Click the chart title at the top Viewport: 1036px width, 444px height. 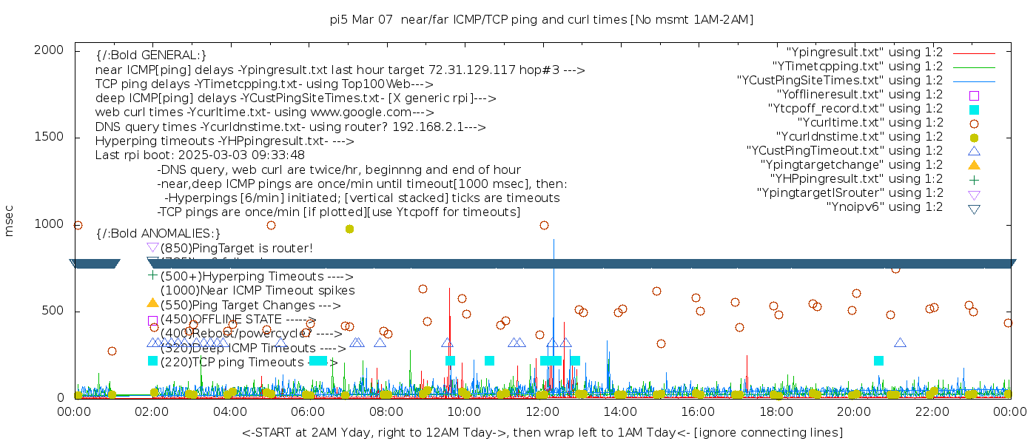tap(542, 19)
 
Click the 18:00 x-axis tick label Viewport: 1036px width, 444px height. tap(776, 411)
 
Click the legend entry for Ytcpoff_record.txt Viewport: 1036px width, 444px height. tap(855, 108)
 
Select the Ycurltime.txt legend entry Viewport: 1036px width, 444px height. tap(869, 122)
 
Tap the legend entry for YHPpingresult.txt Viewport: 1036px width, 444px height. tap(857, 178)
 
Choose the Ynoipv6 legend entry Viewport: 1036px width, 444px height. tap(884, 206)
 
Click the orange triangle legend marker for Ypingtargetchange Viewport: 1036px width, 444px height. tap(974, 164)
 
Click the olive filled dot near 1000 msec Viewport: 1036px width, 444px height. tap(350, 229)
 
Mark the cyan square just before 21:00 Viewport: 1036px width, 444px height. tap(878, 360)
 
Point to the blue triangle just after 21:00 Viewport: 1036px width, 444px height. tap(900, 343)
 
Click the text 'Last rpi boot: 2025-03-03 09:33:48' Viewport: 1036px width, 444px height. tap(200, 155)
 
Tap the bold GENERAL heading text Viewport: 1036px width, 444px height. tap(151, 55)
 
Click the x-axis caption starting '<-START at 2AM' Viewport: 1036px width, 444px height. tap(542, 432)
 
